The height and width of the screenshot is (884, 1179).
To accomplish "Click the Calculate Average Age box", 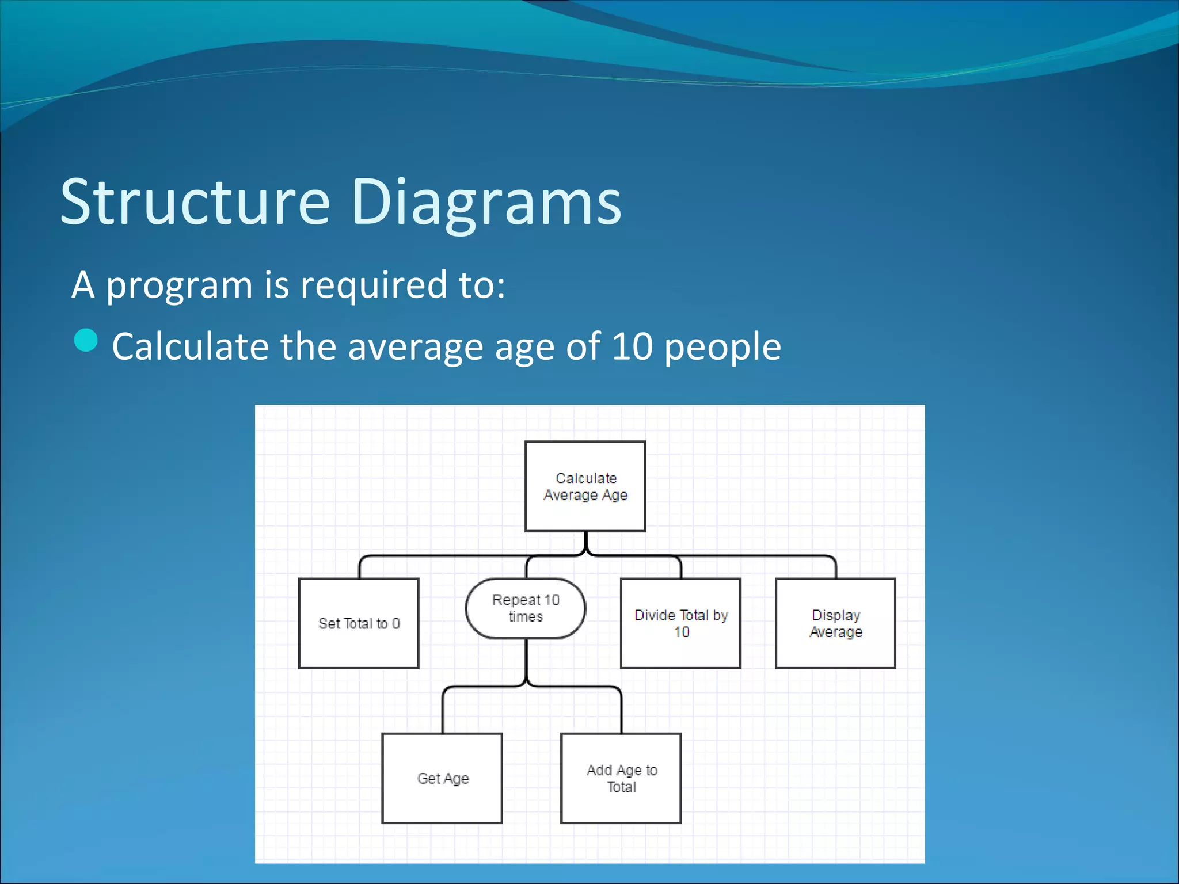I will coord(585,486).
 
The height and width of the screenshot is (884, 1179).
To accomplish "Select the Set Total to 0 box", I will coord(359,623).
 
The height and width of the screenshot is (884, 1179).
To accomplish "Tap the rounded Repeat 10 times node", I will coord(526,608).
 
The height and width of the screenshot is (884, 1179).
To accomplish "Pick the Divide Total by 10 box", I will coord(680,623).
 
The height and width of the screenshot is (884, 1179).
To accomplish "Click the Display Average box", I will coord(835,623).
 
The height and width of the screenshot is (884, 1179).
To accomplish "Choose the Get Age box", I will coord(442,778).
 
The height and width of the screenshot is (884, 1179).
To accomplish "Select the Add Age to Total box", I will coord(621,778).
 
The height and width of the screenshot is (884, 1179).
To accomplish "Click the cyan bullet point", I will coord(86,340).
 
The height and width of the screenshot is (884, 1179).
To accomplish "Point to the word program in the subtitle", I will coord(179,285).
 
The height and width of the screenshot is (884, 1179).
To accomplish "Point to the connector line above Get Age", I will coord(443,711).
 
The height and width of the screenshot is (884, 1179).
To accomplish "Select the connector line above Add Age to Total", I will coord(622,711).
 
